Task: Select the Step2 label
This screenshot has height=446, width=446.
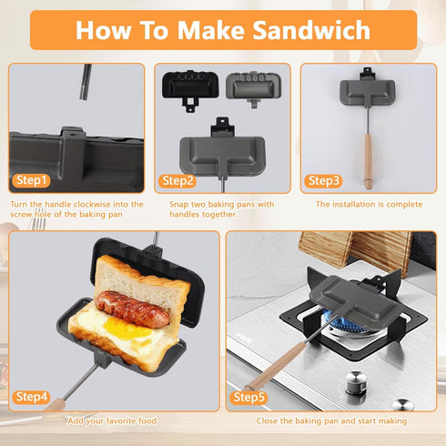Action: tap(178, 180)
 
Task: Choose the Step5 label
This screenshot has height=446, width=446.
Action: tap(248, 396)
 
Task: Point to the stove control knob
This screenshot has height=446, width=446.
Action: tap(403, 403)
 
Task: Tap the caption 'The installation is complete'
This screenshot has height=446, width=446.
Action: tap(369, 205)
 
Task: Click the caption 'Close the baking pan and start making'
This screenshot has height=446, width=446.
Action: tap(332, 421)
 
